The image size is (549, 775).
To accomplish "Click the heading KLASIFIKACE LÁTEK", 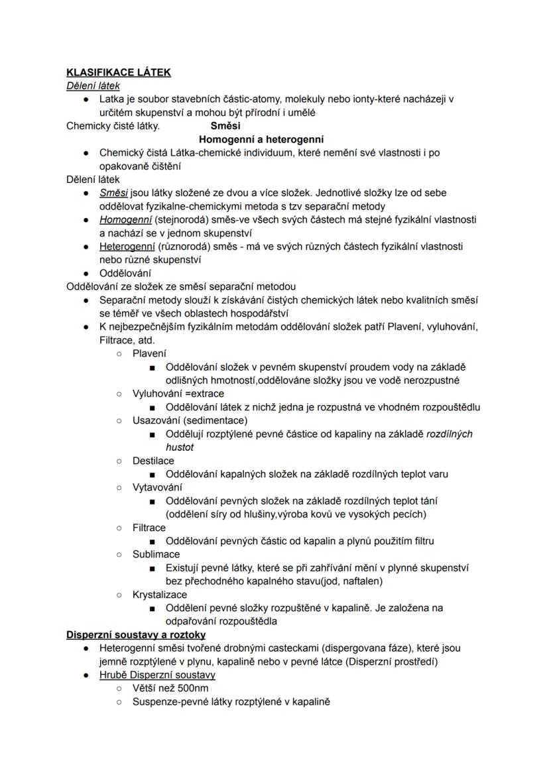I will [119, 72].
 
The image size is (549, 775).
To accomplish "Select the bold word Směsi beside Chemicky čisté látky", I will [225, 125].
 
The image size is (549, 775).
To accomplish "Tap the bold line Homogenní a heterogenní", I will [261, 139].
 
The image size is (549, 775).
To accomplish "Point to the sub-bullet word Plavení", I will [149, 353].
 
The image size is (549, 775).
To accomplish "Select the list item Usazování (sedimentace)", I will [190, 420].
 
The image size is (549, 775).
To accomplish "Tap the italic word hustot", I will [179, 447].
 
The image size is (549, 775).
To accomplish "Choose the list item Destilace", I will [153, 461].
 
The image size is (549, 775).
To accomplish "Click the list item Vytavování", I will [157, 487].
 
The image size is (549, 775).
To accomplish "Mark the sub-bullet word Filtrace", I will [149, 528].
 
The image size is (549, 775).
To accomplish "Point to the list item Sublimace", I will [156, 554].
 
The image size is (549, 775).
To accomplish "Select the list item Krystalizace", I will [159, 595].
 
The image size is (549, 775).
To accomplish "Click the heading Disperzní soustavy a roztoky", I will [136, 634].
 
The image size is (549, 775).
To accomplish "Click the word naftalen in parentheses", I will [363, 581].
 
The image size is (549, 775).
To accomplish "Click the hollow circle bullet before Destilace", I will [119, 461].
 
